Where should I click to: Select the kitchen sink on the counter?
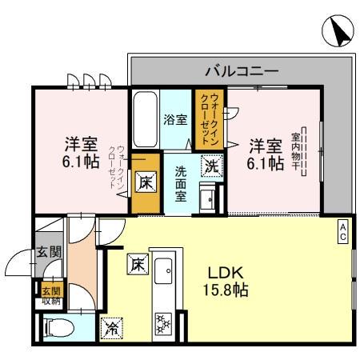pos(165,272)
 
